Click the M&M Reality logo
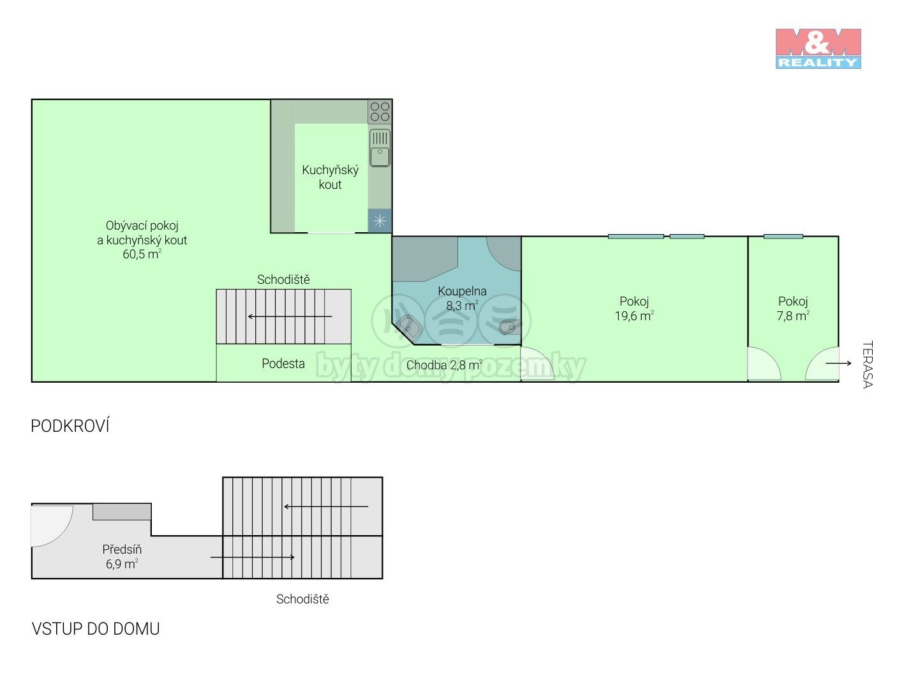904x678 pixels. coord(818,48)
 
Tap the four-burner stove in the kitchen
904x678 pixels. coord(380,112)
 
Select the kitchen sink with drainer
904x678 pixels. coord(380,148)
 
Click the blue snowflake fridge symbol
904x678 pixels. coord(380,221)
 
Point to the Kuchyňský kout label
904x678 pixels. coord(330,177)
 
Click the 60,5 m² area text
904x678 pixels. coord(142,254)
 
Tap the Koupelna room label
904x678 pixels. coord(462,291)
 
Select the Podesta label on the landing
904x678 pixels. coord(283,364)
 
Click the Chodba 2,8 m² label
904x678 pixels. coord(444,365)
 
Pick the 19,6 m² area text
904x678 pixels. coord(634,316)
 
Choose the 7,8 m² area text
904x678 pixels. coord(793,316)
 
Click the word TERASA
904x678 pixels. coord(868,365)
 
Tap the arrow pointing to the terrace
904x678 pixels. coord(838,363)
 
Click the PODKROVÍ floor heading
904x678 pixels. coord(70,426)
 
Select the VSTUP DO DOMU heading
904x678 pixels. coord(96,629)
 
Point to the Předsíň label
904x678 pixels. coord(122,549)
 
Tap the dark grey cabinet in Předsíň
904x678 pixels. coord(121,512)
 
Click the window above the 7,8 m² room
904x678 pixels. coord(783,236)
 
